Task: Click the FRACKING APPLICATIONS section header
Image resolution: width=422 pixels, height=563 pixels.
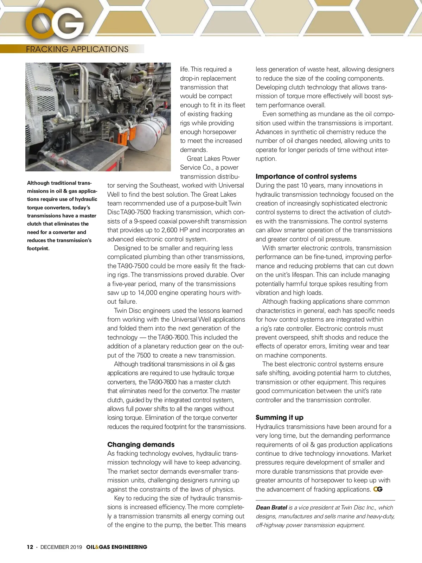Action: (x=77, y=49)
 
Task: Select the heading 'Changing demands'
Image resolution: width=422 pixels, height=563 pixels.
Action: (x=141, y=444)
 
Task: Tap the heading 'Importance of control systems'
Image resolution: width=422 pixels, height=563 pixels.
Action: (x=306, y=176)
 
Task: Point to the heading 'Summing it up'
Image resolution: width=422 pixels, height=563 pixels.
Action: (x=279, y=418)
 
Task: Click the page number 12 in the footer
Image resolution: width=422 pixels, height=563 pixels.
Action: (x=30, y=547)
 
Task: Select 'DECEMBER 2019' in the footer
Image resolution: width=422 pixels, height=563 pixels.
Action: (x=61, y=547)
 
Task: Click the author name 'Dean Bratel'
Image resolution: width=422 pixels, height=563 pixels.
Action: (x=271, y=507)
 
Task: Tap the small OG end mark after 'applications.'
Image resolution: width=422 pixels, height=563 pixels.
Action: (x=378, y=489)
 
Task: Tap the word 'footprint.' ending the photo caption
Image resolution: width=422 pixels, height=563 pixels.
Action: (x=38, y=248)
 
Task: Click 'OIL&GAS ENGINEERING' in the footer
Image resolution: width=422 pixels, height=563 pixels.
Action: (x=116, y=547)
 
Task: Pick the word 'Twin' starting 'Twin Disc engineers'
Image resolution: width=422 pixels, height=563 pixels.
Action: (x=120, y=311)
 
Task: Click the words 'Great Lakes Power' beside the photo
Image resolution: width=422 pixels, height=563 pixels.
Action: (x=213, y=159)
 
